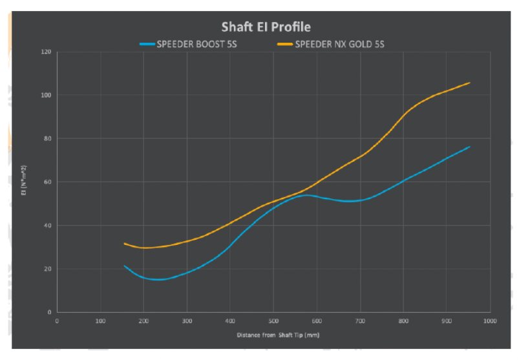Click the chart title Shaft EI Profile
[x=266, y=27]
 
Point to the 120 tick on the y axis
[x=46, y=52]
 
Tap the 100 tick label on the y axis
[x=46, y=95]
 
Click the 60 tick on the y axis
[x=47, y=182]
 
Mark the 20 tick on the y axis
[x=47, y=269]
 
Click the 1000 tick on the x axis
[x=489, y=320]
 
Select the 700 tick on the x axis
[x=359, y=320]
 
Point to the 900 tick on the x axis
[x=446, y=320]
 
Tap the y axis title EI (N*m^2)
[x=24, y=183]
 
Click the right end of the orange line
[x=469, y=83]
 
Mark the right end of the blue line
[x=469, y=147]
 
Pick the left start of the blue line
[x=124, y=266]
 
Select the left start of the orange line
[x=124, y=244]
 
